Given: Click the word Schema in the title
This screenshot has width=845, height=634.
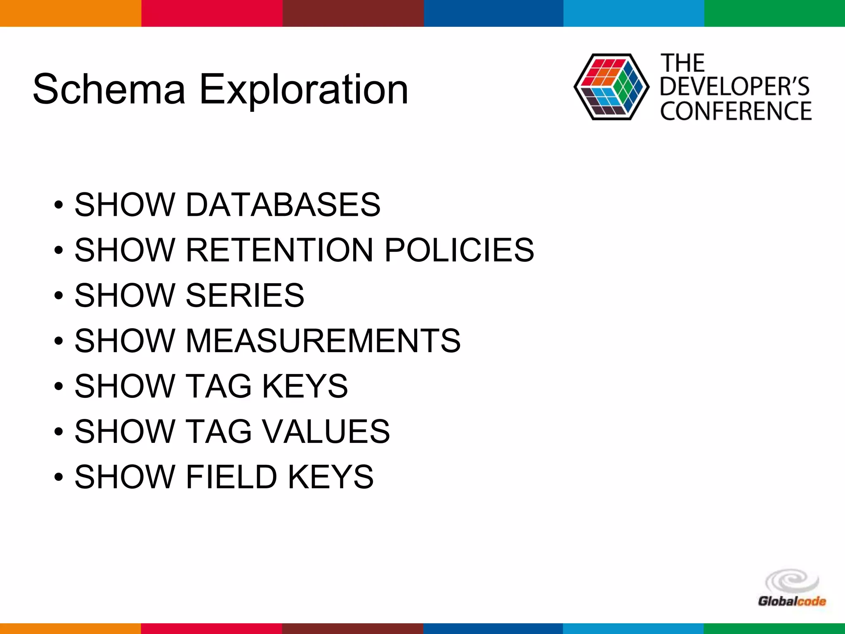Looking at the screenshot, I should coord(109,89).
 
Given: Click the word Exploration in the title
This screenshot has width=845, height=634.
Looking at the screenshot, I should coord(304,90).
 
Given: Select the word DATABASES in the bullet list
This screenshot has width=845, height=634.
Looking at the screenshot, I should coord(283,205).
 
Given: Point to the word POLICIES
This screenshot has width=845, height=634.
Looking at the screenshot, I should coord(459,250).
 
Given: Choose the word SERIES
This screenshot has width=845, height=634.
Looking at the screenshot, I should coord(245,296).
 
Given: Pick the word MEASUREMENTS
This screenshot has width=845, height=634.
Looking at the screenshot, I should coord(323,341).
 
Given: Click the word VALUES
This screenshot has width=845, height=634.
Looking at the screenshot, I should coord(326,432).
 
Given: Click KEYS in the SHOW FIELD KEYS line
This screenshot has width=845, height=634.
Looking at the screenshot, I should coord(330,477).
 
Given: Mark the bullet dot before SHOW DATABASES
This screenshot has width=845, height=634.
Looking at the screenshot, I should coord(59,205).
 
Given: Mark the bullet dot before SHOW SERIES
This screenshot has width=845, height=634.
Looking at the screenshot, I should coord(59,296).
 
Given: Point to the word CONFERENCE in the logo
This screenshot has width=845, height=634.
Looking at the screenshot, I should coord(736,111).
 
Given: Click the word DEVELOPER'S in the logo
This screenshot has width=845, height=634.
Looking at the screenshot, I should coord(735,87).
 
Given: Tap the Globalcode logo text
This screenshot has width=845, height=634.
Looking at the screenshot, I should coord(792,601).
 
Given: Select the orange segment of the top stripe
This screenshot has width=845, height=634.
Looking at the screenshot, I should coord(71,13).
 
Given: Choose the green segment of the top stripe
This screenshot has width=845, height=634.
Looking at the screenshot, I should coord(774,13).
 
